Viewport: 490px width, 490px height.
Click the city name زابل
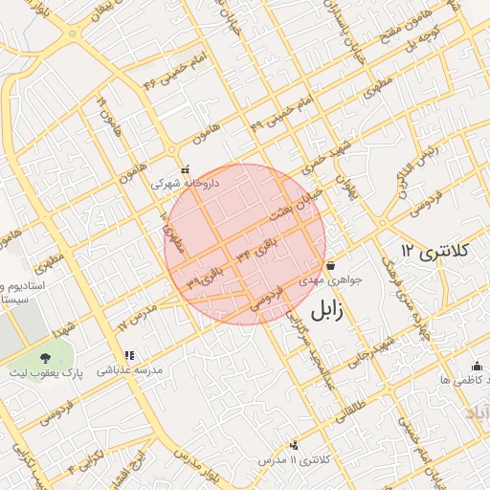pyautogui.click(x=325, y=308)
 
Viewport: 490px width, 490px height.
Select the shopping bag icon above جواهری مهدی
pyautogui.click(x=330, y=265)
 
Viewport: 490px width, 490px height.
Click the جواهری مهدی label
pyautogui.click(x=331, y=280)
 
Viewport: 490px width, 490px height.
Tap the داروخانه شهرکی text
pyautogui.click(x=186, y=182)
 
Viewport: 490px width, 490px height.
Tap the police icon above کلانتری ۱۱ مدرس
pyautogui.click(x=294, y=445)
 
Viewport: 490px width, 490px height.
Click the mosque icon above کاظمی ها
pyautogui.click(x=477, y=366)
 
